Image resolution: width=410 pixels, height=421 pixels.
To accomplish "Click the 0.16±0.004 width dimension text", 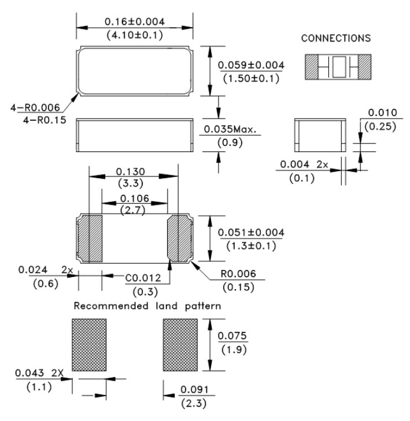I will [x=134, y=21].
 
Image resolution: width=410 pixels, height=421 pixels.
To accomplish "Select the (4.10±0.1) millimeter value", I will [x=134, y=35].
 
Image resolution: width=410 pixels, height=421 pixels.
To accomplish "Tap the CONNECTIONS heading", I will [x=337, y=38].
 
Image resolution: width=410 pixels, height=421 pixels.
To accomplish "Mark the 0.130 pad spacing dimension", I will [x=131, y=172].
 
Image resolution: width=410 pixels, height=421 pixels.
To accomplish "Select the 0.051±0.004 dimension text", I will [x=251, y=232].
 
